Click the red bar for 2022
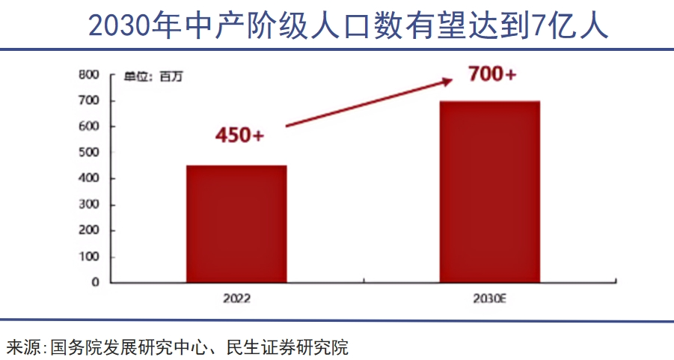click(x=236, y=224)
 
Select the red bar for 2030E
click(x=489, y=192)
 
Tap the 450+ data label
click(x=239, y=135)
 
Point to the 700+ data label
click(x=491, y=75)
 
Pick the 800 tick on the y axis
click(x=89, y=75)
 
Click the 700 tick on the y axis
click(x=89, y=100)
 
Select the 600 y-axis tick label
click(x=89, y=126)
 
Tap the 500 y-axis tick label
click(x=89, y=153)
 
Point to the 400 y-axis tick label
click(x=89, y=179)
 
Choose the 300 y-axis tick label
click(x=89, y=205)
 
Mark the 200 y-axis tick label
click(x=89, y=231)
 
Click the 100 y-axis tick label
click(x=89, y=257)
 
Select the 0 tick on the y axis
click(x=96, y=283)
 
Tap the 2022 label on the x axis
click(x=236, y=299)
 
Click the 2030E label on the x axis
click(x=490, y=299)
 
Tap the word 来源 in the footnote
click(x=24, y=347)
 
